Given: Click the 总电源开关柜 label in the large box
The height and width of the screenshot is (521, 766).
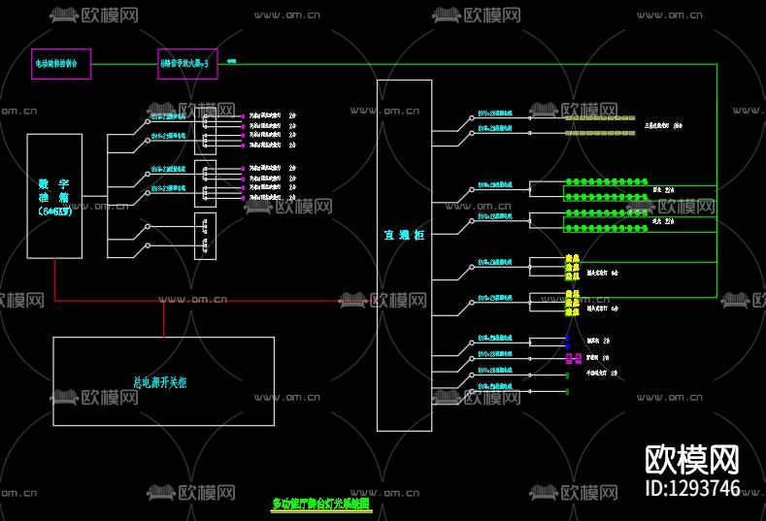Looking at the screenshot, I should click(x=159, y=382).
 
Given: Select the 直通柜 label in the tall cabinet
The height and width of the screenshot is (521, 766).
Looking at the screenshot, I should click(x=404, y=234).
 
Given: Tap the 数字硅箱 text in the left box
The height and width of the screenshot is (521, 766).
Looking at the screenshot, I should click(x=54, y=196).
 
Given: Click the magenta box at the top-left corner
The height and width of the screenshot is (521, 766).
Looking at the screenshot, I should click(x=62, y=64).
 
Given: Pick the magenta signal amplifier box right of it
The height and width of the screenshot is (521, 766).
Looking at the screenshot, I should click(x=187, y=64).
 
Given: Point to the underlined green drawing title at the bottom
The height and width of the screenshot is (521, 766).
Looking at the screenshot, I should click(x=320, y=504).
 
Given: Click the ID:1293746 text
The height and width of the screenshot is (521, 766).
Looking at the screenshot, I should click(x=692, y=488).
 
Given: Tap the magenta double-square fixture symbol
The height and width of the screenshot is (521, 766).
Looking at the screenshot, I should click(x=572, y=357).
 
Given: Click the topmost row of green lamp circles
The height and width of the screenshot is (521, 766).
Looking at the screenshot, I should click(x=607, y=180).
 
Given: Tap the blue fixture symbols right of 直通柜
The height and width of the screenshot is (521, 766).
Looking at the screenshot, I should click(x=567, y=342).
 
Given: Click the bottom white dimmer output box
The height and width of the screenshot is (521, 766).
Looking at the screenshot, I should click(x=205, y=236).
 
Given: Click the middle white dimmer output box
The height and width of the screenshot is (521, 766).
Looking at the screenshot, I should click(x=205, y=183).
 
